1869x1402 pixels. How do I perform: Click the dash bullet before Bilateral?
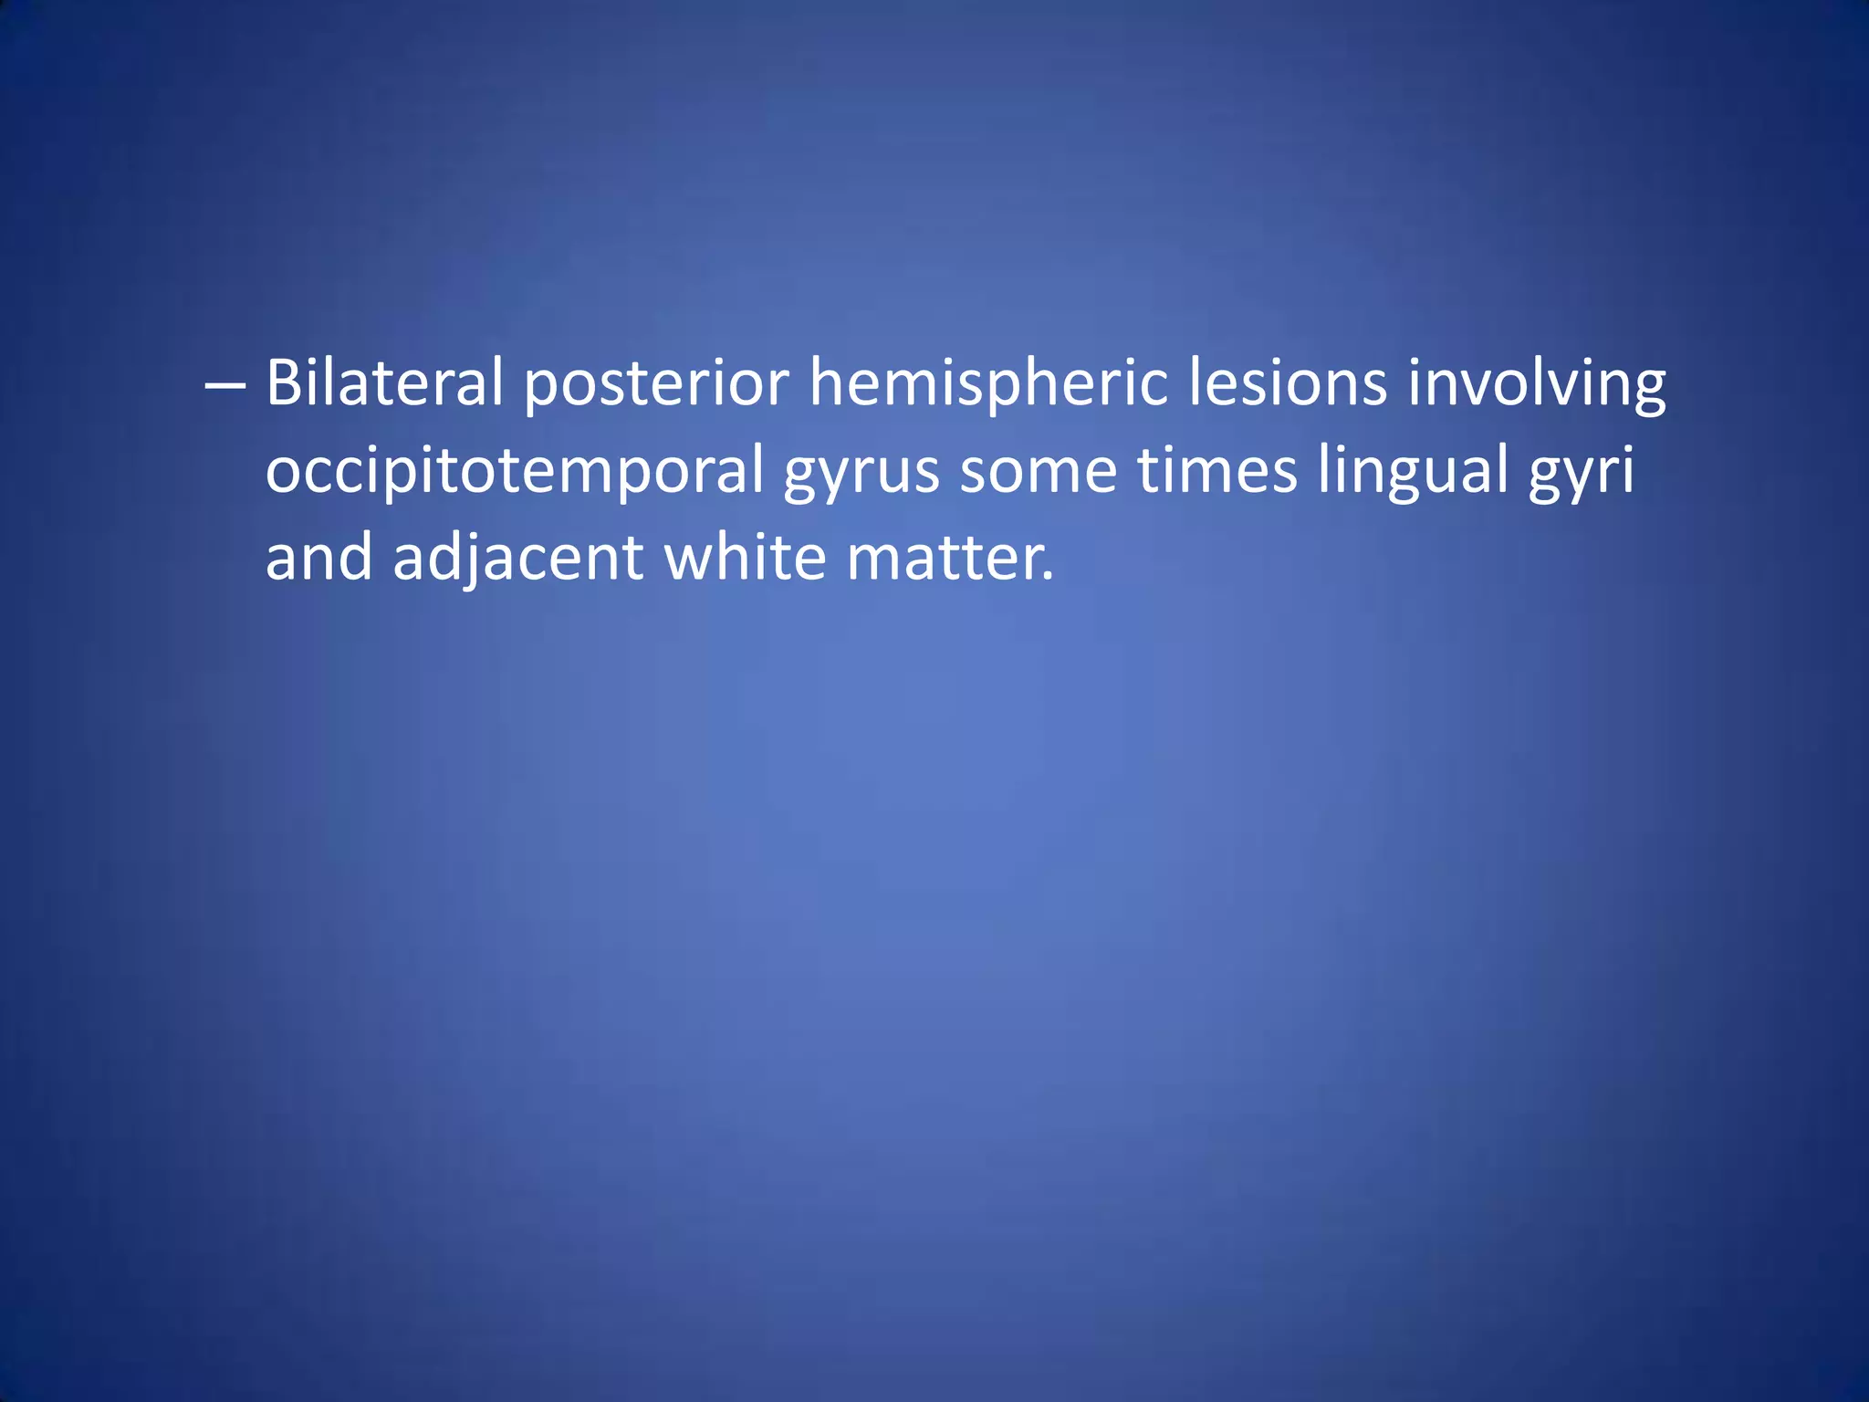[224, 385]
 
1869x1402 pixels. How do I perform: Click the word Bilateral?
[384, 383]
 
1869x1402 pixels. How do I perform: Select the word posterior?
[656, 385]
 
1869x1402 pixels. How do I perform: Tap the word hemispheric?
[988, 385]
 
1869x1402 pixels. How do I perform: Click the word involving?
[1537, 385]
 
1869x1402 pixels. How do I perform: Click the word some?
[1038, 471]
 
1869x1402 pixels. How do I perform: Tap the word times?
[1217, 471]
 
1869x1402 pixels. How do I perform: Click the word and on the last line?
[318, 558]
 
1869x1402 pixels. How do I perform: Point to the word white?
[745, 558]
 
